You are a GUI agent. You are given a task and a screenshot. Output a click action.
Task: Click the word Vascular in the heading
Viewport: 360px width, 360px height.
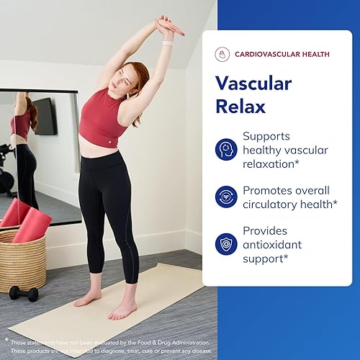[x=253, y=84]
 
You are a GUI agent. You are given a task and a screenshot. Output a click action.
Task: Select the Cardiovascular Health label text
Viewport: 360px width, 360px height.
[x=280, y=55]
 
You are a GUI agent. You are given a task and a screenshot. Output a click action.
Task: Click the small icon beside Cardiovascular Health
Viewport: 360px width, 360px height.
[x=222, y=55]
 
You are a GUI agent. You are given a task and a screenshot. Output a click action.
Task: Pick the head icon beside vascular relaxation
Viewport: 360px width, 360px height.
[x=226, y=149]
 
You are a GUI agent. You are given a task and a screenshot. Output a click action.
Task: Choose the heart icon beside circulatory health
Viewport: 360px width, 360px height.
[x=226, y=197]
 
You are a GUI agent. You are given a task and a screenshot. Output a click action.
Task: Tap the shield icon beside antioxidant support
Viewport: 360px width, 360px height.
[x=226, y=243]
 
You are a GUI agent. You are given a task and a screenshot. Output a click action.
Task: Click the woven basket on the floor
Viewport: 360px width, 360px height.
[x=22, y=261]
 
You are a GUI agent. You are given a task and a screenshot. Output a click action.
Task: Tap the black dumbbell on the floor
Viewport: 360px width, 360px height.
[x=24, y=292]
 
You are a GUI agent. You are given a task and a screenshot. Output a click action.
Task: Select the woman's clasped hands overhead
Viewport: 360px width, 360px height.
[x=168, y=25]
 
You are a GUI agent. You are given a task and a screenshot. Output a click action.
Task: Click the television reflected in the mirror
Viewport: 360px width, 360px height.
[x=45, y=115]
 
